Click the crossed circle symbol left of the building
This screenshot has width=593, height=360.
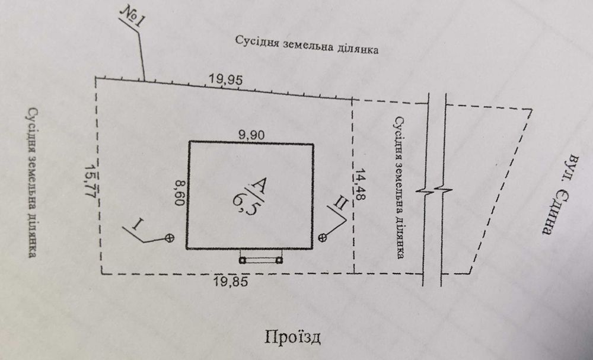pos(170,238)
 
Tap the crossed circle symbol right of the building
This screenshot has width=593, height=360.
pos(323,238)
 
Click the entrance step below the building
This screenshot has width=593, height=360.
pos(261,259)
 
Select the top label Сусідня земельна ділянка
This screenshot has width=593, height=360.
pos(307,46)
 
